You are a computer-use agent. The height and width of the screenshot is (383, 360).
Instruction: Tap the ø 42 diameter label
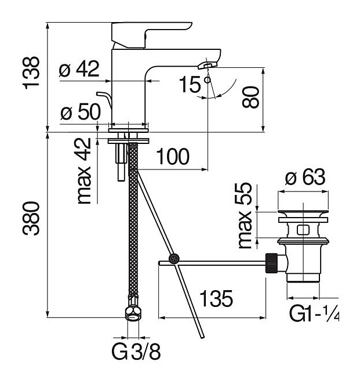point(79,70)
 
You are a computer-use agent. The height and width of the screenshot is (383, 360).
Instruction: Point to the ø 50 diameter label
point(81,112)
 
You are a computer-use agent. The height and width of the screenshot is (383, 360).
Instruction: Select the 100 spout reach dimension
point(172,156)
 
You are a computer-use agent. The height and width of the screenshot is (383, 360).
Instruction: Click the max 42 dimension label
point(85,171)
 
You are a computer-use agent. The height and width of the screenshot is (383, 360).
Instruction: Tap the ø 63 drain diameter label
point(305,178)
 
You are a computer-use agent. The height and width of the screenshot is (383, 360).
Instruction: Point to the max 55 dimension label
point(246,215)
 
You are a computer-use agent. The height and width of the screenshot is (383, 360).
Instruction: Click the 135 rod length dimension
point(216,299)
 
